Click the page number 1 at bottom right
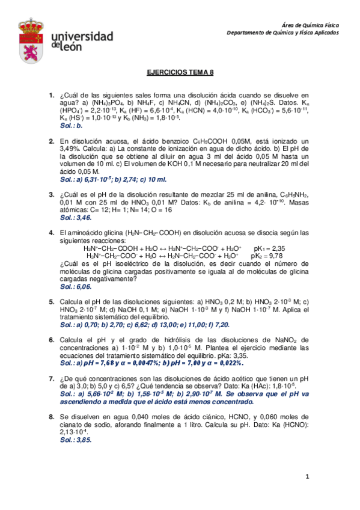(x=307, y=478)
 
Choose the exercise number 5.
(x=51, y=301)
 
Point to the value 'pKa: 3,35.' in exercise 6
(x=227, y=355)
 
